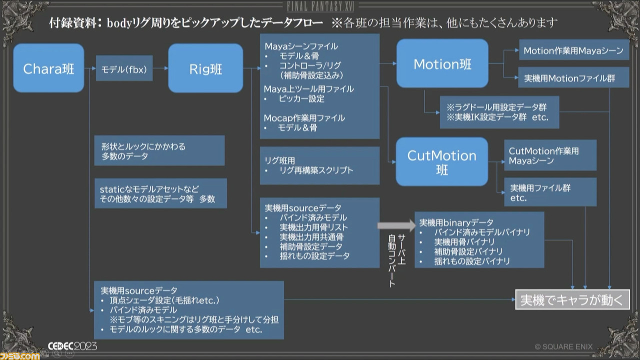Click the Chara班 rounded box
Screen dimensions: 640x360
pyautogui.click(x=48, y=68)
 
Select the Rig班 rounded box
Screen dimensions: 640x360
pyautogui.click(x=205, y=68)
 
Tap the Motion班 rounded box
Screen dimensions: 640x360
pyautogui.click(x=442, y=63)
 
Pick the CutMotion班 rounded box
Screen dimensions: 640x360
pyautogui.click(x=441, y=161)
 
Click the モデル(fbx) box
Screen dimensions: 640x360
pyautogui.click(x=124, y=68)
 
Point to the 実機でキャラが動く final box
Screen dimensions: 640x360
pyautogui.click(x=572, y=299)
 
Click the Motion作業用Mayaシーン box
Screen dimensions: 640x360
pyautogui.click(x=574, y=50)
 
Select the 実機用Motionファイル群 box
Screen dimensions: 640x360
pyautogui.click(x=573, y=77)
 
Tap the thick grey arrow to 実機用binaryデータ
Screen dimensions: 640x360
pyautogui.click(x=396, y=225)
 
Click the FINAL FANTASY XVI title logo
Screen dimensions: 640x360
pyautogui.click(x=320, y=6)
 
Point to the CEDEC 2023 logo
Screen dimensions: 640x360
pyautogui.click(x=72, y=346)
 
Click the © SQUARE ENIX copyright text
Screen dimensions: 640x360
pyautogui.click(x=563, y=347)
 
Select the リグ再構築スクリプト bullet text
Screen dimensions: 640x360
pyautogui.click(x=316, y=170)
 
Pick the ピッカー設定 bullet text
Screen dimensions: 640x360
pyautogui.click(x=301, y=99)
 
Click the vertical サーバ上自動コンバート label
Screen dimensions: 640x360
pyautogui.click(x=396, y=260)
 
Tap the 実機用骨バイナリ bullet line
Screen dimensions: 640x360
pyautogui.click(x=464, y=242)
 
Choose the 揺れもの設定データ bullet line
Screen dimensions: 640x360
pyautogui.click(x=314, y=255)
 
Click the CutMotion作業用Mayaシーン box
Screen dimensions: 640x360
pyautogui.click(x=550, y=155)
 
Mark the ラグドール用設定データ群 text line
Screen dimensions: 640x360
pyautogui.click(x=497, y=107)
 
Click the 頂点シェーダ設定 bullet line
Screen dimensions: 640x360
pyautogui.click(x=164, y=300)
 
